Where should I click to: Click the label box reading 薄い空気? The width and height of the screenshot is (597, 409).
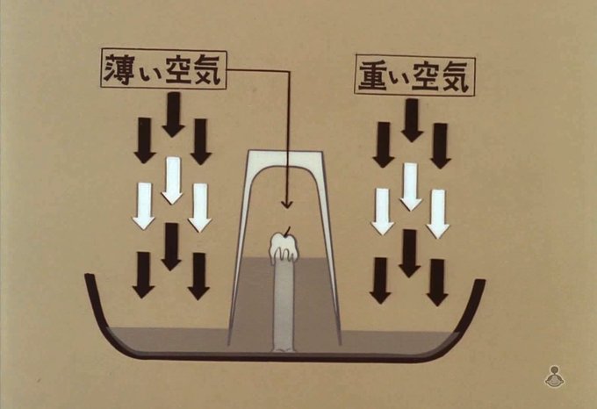point(163,70)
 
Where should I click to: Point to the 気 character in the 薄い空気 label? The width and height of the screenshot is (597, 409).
point(207,70)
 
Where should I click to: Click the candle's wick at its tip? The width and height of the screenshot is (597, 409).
point(284,233)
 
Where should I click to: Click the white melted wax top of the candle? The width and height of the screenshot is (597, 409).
point(283,248)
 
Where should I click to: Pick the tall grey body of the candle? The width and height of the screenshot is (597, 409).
point(282,303)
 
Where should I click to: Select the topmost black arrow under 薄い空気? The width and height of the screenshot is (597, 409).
point(172,115)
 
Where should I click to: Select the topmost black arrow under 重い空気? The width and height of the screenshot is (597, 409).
point(410,120)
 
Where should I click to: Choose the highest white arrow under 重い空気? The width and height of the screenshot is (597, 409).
point(410,186)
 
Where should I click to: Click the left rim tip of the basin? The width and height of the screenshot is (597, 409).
point(88,279)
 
